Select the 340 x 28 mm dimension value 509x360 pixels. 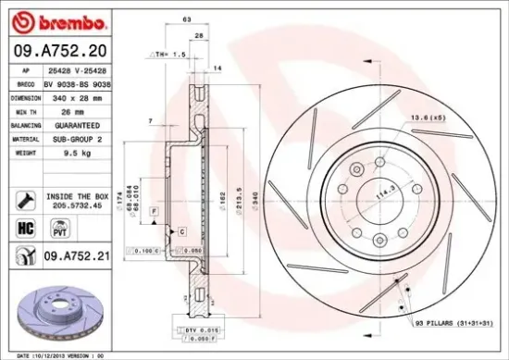76,97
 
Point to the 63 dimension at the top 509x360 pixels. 186,19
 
